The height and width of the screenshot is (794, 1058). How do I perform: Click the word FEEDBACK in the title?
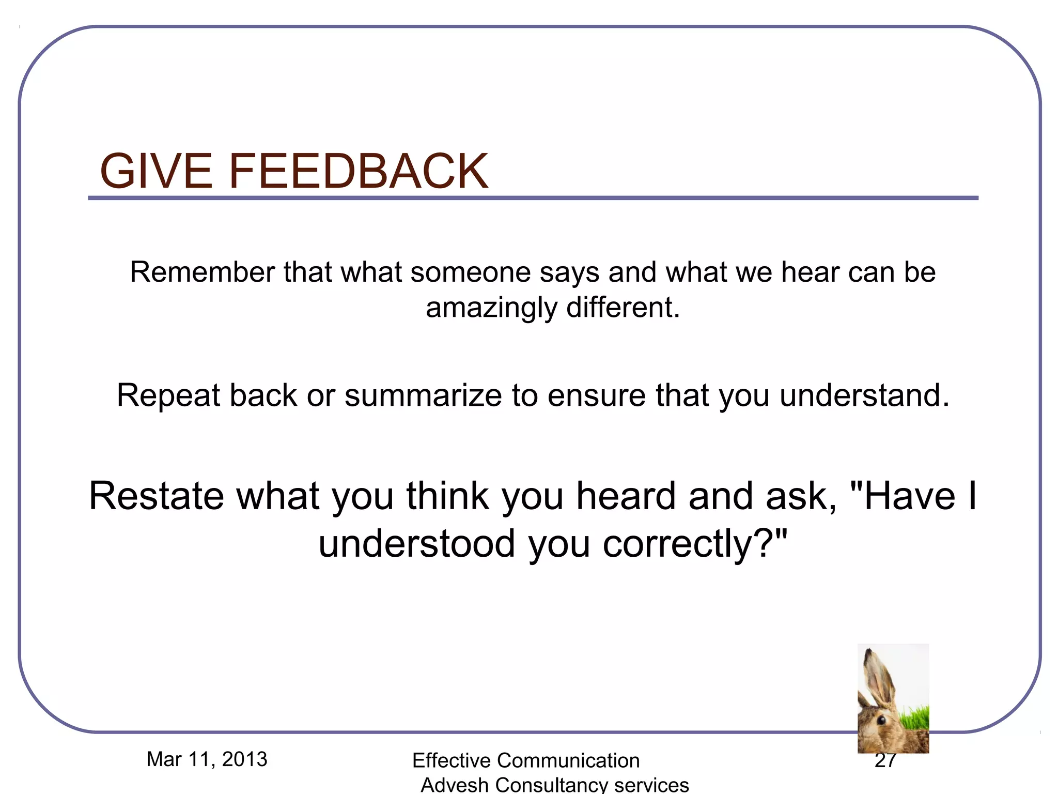pyautogui.click(x=358, y=171)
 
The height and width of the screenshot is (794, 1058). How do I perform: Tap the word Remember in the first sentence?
pyautogui.click(x=202, y=272)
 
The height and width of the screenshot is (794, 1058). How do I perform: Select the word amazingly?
pyautogui.click(x=491, y=308)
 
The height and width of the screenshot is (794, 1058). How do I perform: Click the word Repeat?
pyautogui.click(x=168, y=396)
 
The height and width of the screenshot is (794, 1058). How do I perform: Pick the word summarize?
pyautogui.click(x=423, y=396)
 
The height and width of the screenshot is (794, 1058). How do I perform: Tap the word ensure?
pyautogui.click(x=596, y=396)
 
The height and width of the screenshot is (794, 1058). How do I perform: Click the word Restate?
pyautogui.click(x=156, y=496)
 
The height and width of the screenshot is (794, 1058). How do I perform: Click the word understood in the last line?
pyautogui.click(x=417, y=544)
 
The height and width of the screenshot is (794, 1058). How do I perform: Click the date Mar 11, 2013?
pyautogui.click(x=207, y=759)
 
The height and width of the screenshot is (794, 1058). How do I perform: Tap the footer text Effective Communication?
pyautogui.click(x=526, y=760)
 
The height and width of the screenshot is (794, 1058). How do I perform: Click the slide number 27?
pyautogui.click(x=885, y=761)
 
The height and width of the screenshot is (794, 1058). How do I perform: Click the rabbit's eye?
pyautogui.click(x=881, y=720)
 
